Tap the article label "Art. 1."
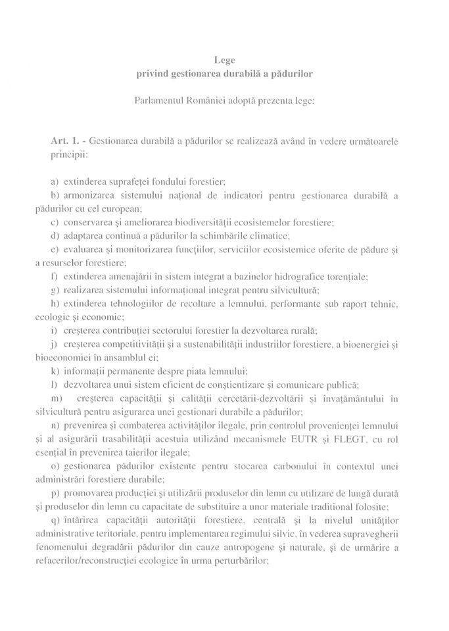pos(66,141)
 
